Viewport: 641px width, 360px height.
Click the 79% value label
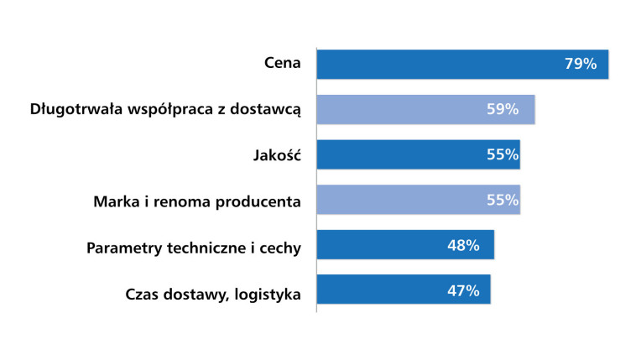click(x=581, y=64)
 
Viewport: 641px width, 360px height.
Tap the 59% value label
click(x=503, y=109)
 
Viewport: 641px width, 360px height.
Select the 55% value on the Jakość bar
click(x=503, y=154)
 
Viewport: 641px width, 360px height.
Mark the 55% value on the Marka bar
click(x=503, y=200)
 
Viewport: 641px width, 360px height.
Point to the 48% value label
click(x=462, y=245)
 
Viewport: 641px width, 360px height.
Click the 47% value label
click(x=462, y=290)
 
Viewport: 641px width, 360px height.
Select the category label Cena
click(x=281, y=64)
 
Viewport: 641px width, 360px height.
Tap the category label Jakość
click(x=277, y=155)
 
